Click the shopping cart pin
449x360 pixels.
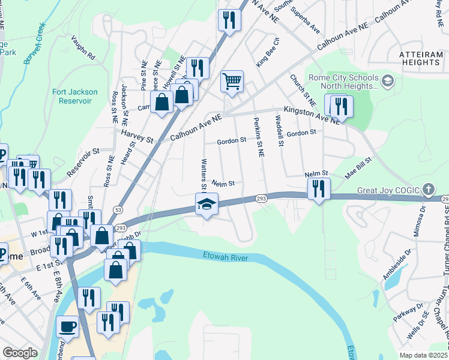(x=232, y=81)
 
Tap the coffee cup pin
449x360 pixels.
(x=67, y=327)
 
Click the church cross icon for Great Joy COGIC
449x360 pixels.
(x=427, y=190)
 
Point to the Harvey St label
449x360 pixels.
(x=137, y=136)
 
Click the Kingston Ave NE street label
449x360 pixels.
(x=312, y=114)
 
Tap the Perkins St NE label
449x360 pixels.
(x=258, y=137)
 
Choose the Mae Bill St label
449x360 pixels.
(x=358, y=169)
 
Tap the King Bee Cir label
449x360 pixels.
(x=268, y=52)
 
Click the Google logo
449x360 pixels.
(x=20, y=353)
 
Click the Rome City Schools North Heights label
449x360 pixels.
(x=343, y=82)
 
